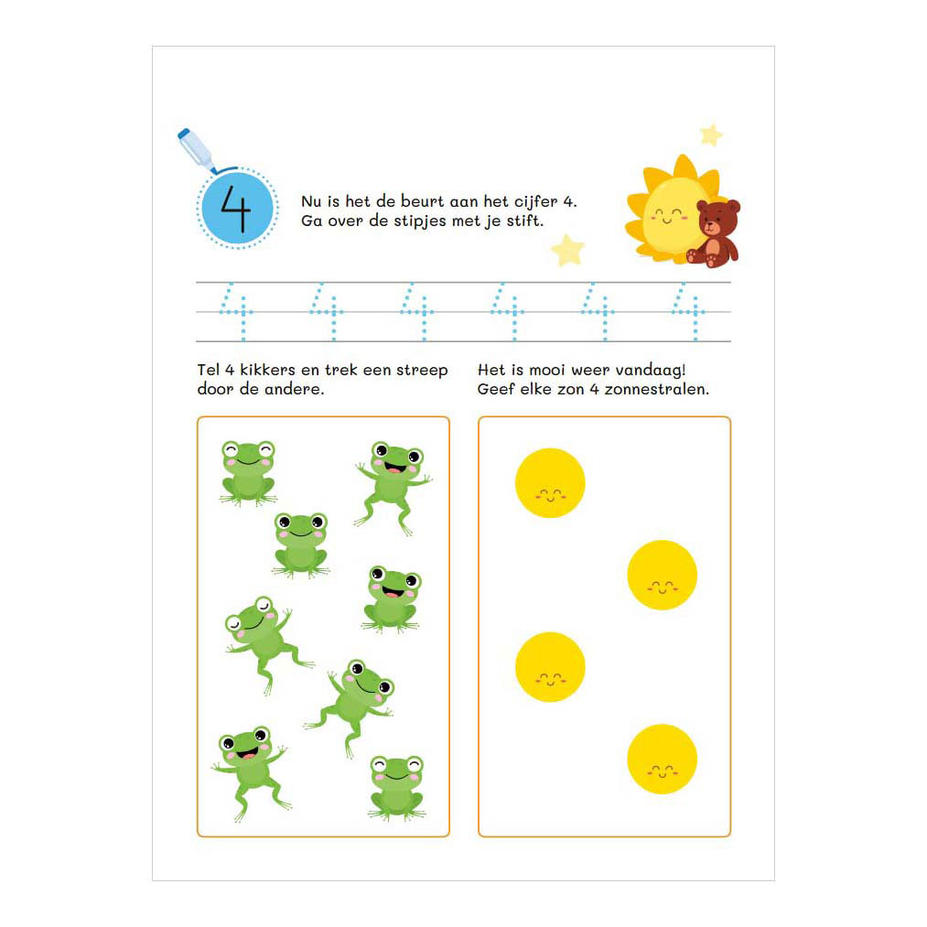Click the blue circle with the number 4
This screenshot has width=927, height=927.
click(238, 209)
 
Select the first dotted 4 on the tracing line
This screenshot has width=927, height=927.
click(236, 311)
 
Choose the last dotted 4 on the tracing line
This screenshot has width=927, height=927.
click(688, 311)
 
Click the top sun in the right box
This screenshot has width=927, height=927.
click(550, 483)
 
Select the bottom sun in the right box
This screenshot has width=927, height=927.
click(663, 760)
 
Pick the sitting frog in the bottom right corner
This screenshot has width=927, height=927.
click(396, 788)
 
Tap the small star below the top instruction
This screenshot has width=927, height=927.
click(568, 250)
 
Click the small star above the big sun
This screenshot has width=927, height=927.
click(711, 135)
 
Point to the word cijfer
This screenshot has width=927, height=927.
click(535, 202)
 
